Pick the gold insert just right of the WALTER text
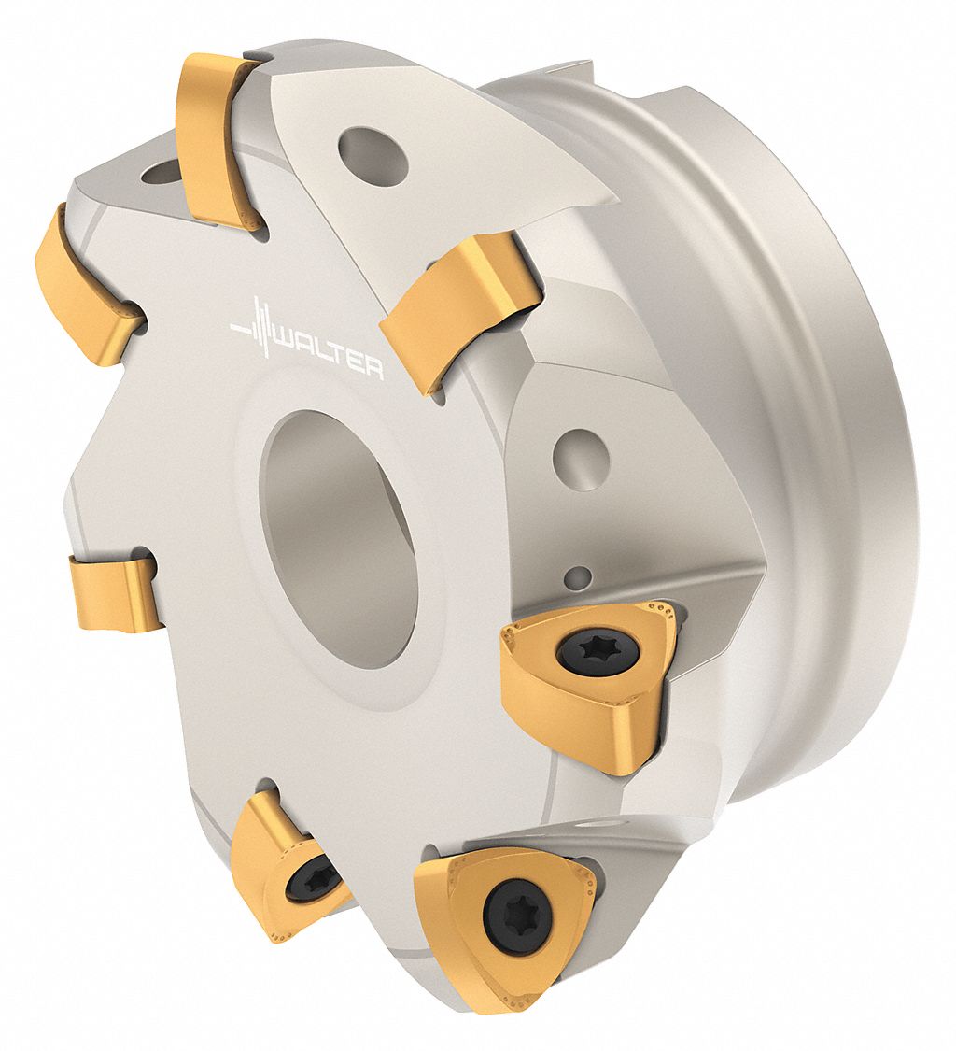454,309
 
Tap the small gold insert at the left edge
114,591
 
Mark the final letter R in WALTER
371,369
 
